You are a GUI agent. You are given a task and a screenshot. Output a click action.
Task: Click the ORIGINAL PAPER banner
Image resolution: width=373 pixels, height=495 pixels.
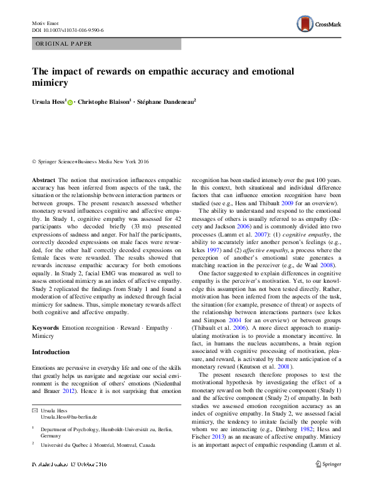pos(64,44)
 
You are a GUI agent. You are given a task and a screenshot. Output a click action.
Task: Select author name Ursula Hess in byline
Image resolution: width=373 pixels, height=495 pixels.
pos(49,101)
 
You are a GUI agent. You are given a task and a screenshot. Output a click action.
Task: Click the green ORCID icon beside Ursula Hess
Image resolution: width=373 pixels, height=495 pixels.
pos(70,102)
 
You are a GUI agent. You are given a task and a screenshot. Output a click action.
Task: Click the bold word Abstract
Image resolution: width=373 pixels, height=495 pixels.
pos(43,180)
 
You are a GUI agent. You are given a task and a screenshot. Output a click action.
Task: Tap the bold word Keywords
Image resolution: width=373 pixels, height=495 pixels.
pos(46,328)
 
